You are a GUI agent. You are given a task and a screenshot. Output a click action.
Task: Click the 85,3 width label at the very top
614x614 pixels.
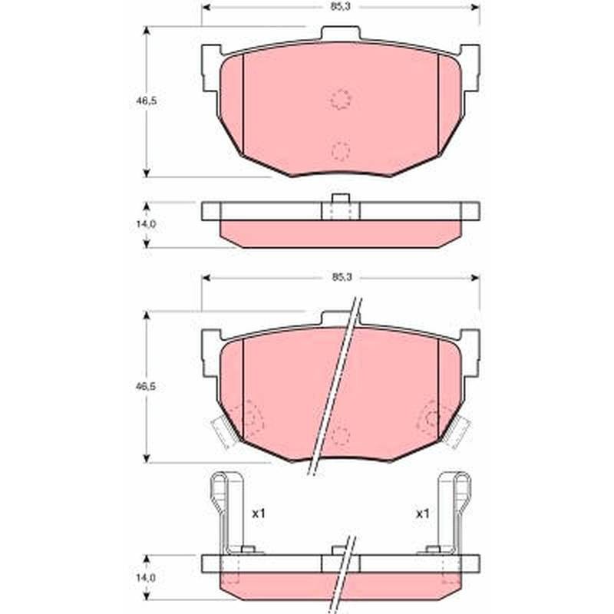pyautogui.click(x=340, y=7)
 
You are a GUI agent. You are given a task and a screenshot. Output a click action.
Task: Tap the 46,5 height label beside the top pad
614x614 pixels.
pyautogui.click(x=146, y=101)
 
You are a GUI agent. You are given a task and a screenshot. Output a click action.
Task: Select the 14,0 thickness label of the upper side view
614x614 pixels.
pyautogui.click(x=146, y=224)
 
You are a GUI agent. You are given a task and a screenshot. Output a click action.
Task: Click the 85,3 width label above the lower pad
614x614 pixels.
pyautogui.click(x=342, y=277)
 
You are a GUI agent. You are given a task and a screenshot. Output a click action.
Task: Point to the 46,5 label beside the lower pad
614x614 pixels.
pyautogui.click(x=145, y=386)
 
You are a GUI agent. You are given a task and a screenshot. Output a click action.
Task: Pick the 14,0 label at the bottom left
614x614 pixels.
pyautogui.click(x=146, y=577)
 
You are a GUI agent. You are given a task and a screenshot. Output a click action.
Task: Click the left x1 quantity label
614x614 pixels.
pyautogui.click(x=259, y=513)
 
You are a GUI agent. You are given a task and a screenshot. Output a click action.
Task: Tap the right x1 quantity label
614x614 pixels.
pyautogui.click(x=423, y=513)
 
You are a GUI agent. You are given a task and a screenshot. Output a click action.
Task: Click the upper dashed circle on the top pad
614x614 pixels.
pyautogui.click(x=341, y=99)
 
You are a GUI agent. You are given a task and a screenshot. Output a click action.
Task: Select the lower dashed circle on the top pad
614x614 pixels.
pyautogui.click(x=341, y=151)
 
